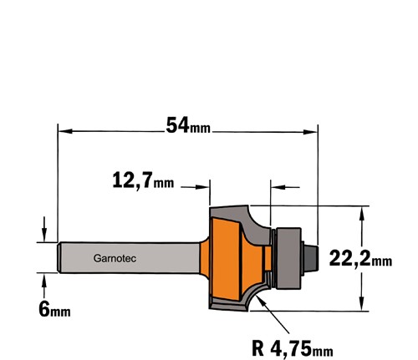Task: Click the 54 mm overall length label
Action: coord(188,125)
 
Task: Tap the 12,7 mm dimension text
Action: coord(143,180)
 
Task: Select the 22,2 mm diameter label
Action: coord(360,259)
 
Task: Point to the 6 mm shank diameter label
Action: coord(54,309)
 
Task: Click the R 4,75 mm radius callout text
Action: coord(293,348)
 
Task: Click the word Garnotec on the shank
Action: coord(115,258)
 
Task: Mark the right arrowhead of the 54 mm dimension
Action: coord(310,132)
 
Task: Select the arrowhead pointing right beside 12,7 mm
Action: coord(202,187)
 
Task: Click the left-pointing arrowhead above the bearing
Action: coord(278,187)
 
